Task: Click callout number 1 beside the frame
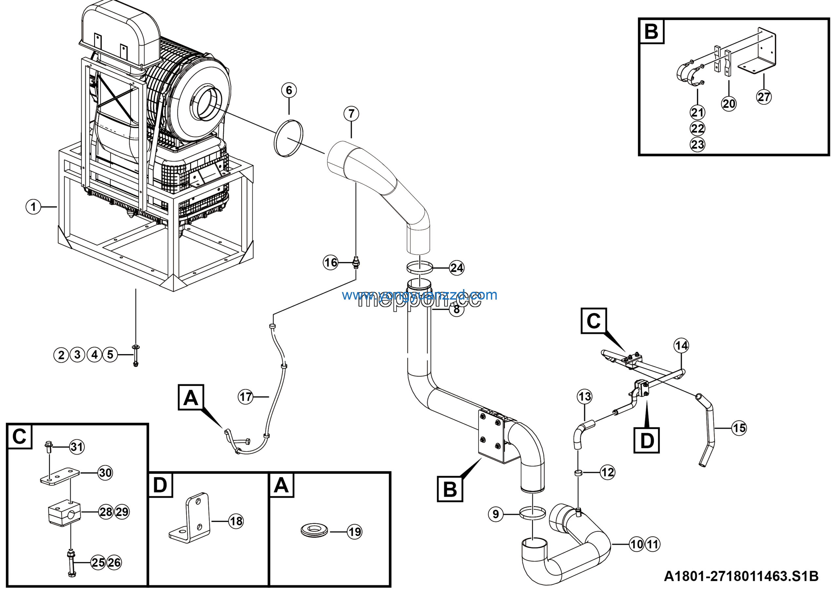pos(33,207)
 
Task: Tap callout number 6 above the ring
pos(289,90)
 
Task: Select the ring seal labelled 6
pos(288,139)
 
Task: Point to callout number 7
pos(351,114)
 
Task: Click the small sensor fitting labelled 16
pos(356,263)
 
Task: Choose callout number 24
pos(457,268)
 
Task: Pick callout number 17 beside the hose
pos(245,397)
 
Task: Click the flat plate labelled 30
pos(60,477)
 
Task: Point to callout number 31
pos(77,447)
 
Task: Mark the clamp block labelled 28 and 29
pos(64,512)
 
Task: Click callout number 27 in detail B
pos(764,97)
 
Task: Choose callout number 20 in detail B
pos(729,104)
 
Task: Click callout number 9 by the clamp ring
pos(496,514)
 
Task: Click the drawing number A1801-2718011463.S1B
pos(741,576)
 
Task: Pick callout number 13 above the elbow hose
pos(585,397)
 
